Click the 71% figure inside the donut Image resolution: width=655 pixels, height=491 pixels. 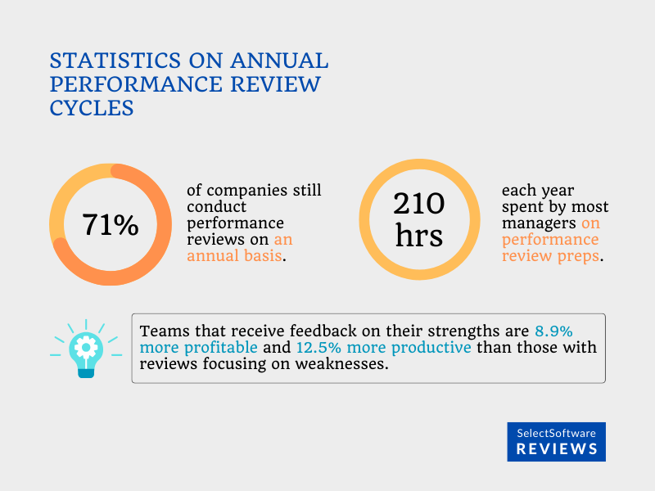tap(110, 225)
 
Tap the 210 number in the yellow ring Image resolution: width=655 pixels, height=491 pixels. tap(418, 204)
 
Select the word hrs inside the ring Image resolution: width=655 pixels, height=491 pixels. tap(418, 236)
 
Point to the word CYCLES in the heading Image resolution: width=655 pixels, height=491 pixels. tap(92, 108)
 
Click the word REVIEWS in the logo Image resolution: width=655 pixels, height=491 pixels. tap(557, 449)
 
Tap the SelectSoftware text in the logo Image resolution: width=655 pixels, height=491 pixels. tap(557, 433)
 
